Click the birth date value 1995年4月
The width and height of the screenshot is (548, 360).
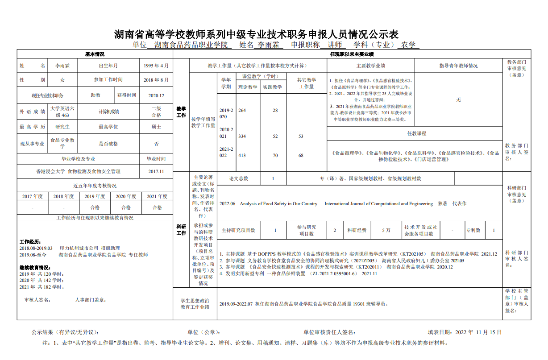156,66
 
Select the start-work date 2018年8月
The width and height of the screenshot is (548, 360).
156,80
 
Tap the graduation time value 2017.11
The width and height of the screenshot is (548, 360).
156,171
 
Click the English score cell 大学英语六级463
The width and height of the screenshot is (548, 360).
62,112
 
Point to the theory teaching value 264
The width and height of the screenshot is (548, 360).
242,110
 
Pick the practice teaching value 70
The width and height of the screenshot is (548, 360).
275,155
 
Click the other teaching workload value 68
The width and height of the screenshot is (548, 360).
301,155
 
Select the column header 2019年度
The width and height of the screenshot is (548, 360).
95,196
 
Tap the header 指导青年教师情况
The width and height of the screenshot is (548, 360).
458,66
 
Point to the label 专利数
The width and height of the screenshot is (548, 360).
473,230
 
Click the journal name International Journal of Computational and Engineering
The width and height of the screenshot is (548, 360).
378,204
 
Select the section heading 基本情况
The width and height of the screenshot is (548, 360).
95,54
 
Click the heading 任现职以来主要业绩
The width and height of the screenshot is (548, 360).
352,54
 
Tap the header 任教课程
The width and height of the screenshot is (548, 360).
416,133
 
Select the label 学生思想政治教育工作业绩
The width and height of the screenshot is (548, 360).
195,304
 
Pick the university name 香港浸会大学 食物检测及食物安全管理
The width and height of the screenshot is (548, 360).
78,171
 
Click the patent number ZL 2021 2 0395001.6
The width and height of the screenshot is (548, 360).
334,273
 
